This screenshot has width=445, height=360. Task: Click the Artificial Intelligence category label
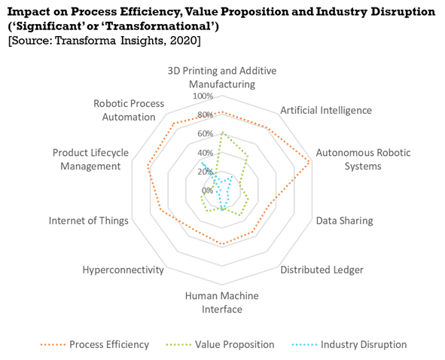pos(326,110)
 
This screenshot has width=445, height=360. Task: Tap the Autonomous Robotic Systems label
pos(363,159)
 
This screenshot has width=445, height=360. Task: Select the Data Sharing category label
pos(345,221)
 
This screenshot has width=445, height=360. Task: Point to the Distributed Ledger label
pos(322,270)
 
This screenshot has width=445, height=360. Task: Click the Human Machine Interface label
pos(222,302)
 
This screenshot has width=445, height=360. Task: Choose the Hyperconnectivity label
pos(123,270)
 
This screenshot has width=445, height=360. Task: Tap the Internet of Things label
pos(89,221)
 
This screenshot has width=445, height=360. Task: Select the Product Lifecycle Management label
pos(90,159)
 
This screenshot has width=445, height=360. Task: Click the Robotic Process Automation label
pos(129,110)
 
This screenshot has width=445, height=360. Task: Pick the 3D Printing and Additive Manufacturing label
pos(222,78)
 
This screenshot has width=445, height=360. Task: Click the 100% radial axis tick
pos(203,96)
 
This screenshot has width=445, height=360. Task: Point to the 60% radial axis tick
pos(206,133)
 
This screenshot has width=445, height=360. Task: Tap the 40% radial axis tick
pos(206,153)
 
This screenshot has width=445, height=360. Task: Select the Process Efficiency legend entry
pos(95,344)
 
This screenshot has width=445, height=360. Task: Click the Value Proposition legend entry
pos(220,344)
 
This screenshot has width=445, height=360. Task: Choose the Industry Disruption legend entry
pos(349,344)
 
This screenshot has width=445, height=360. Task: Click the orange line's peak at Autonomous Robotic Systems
pos(309,162)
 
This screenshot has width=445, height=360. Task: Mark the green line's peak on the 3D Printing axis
pos(222,133)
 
